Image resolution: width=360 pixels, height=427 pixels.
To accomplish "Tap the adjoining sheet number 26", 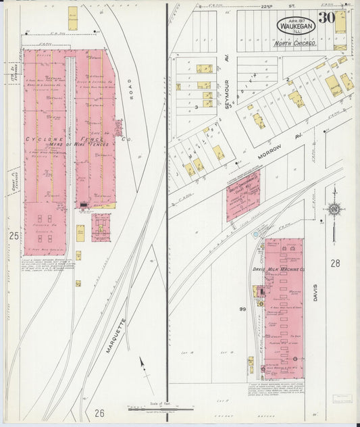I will [101, 413].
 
